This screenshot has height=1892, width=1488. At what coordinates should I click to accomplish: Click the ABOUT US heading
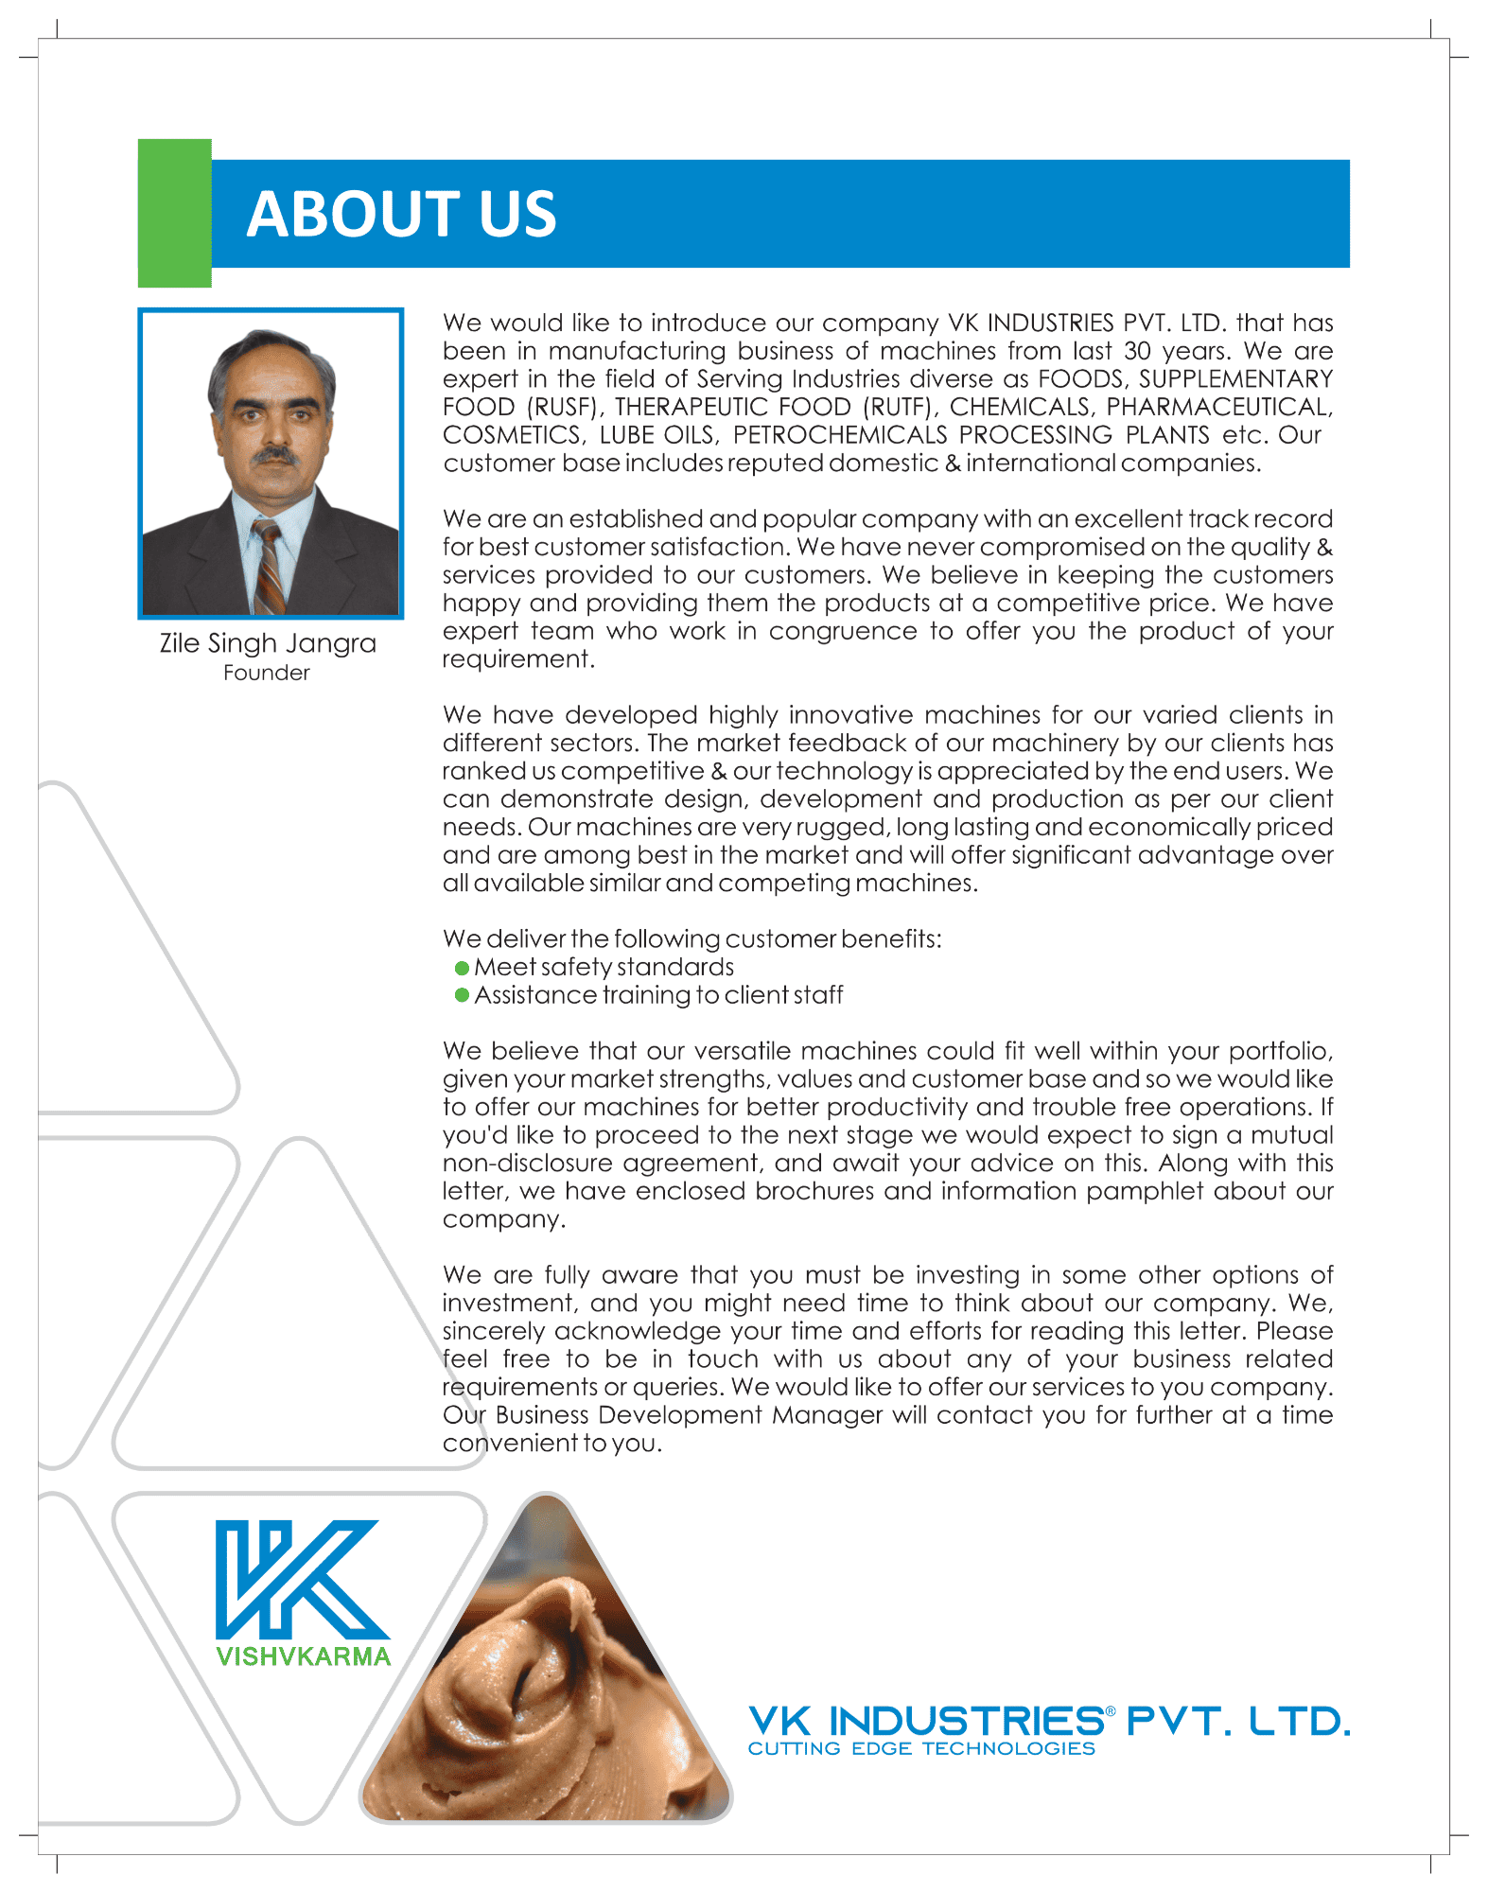click(401, 214)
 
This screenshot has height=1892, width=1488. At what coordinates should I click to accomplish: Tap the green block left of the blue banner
click(174, 213)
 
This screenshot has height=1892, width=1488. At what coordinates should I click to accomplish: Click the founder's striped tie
click(269, 568)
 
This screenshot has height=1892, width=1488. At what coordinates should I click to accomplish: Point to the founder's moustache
click(274, 455)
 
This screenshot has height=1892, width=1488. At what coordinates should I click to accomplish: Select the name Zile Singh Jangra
click(268, 643)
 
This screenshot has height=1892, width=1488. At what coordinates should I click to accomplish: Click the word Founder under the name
click(266, 673)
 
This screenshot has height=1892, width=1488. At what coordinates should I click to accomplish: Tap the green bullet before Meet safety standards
click(462, 968)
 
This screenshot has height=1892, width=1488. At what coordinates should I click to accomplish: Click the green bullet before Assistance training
click(462, 995)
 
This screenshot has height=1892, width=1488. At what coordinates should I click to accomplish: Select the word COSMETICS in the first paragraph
click(513, 435)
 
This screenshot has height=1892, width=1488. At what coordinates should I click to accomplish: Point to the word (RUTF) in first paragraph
click(900, 407)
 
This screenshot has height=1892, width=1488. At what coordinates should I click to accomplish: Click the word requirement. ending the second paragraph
click(518, 659)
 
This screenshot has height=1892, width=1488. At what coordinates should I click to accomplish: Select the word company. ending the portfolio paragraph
click(503, 1219)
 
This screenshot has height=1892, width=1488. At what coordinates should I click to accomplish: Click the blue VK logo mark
click(301, 1579)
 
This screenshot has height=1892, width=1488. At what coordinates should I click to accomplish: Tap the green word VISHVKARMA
click(303, 1656)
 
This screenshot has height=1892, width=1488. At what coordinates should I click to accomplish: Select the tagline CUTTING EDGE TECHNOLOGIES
click(920, 1749)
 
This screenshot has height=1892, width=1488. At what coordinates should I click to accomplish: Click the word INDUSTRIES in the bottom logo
click(966, 1721)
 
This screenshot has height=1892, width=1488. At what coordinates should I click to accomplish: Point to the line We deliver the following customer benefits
click(691, 939)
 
